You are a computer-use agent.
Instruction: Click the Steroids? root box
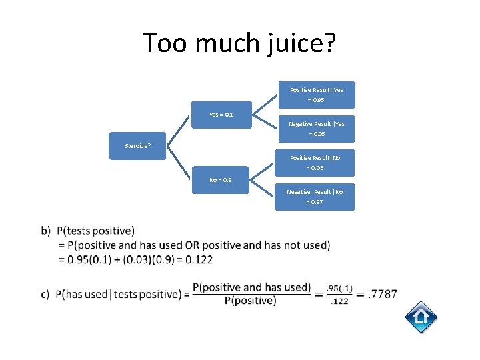(x=138, y=146)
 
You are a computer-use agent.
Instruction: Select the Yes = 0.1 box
(x=221, y=115)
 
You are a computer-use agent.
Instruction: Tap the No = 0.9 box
(x=221, y=180)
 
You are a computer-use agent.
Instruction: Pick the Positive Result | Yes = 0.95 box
(x=317, y=95)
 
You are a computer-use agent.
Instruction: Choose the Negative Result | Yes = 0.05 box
(x=317, y=129)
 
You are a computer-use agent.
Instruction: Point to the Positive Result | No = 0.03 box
(x=317, y=163)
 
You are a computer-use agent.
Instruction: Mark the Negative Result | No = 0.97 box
(x=317, y=197)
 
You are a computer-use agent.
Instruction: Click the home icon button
(x=421, y=317)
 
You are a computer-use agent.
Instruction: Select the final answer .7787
(x=382, y=294)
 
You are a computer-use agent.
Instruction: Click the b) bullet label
(x=46, y=231)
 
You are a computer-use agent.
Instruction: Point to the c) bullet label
(x=46, y=294)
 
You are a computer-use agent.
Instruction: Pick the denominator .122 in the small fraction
(x=339, y=302)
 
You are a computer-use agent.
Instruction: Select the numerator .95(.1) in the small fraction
(x=339, y=287)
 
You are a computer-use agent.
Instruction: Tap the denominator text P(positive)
(x=251, y=301)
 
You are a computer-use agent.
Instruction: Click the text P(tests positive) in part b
(x=95, y=231)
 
